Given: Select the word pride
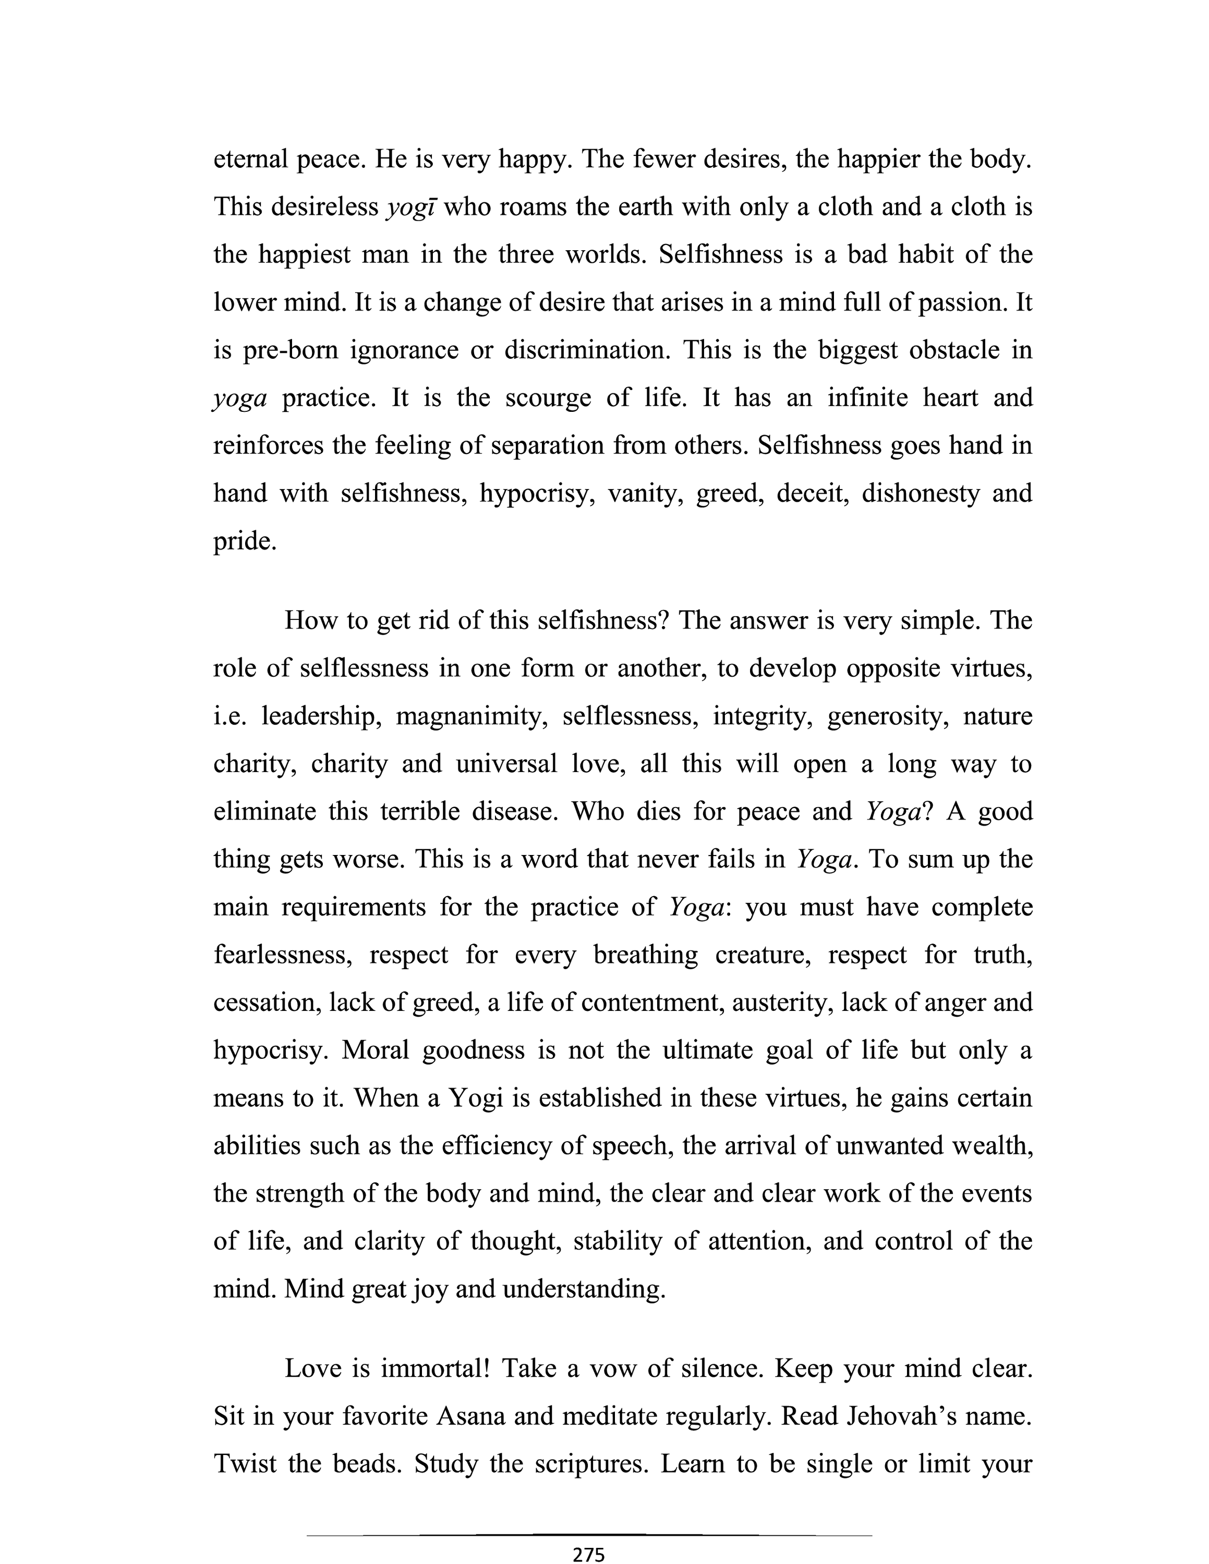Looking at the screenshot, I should pos(244,541).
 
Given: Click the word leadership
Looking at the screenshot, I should pos(319,716).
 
